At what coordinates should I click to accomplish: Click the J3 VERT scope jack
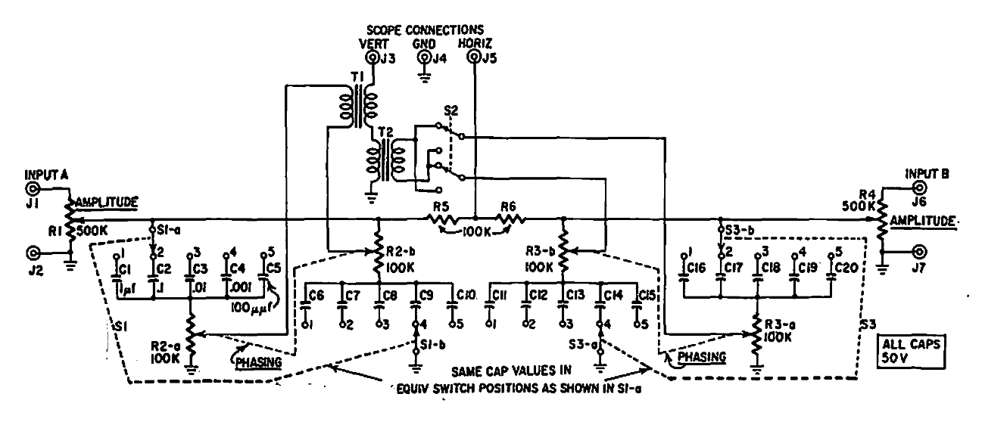[x=372, y=57]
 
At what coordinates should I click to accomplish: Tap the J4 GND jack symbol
[x=426, y=57]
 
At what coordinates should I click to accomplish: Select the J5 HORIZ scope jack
[x=474, y=57]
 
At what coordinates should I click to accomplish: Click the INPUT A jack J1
[x=34, y=189]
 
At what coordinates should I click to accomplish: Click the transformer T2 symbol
[x=385, y=161]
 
